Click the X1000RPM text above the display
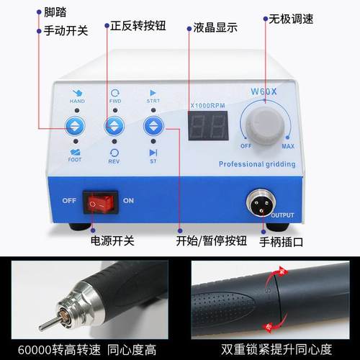[x=207, y=106]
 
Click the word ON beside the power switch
[x=129, y=201]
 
